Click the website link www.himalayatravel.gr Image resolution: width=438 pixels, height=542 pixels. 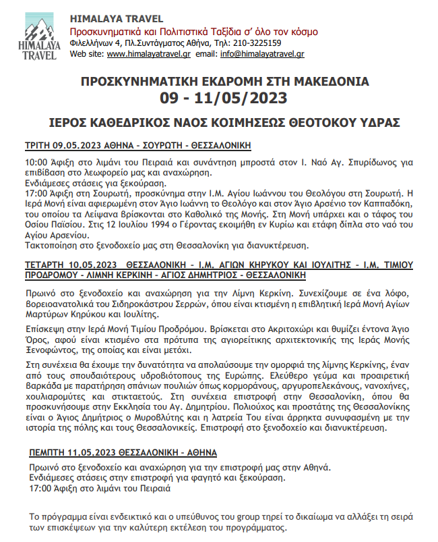pos(148,53)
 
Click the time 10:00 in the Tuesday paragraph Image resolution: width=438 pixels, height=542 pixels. pos(36,163)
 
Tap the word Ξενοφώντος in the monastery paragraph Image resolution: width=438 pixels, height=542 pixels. pos(51,350)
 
